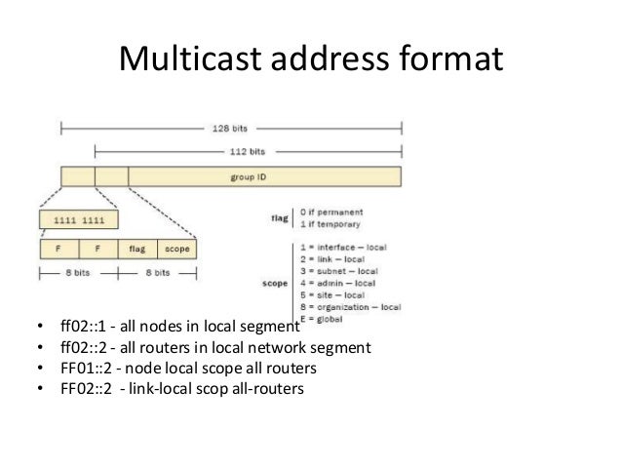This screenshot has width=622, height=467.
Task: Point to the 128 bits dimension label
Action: click(x=229, y=126)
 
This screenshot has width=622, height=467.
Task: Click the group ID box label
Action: click(x=250, y=176)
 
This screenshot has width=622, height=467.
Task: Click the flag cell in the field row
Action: click(x=136, y=248)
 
